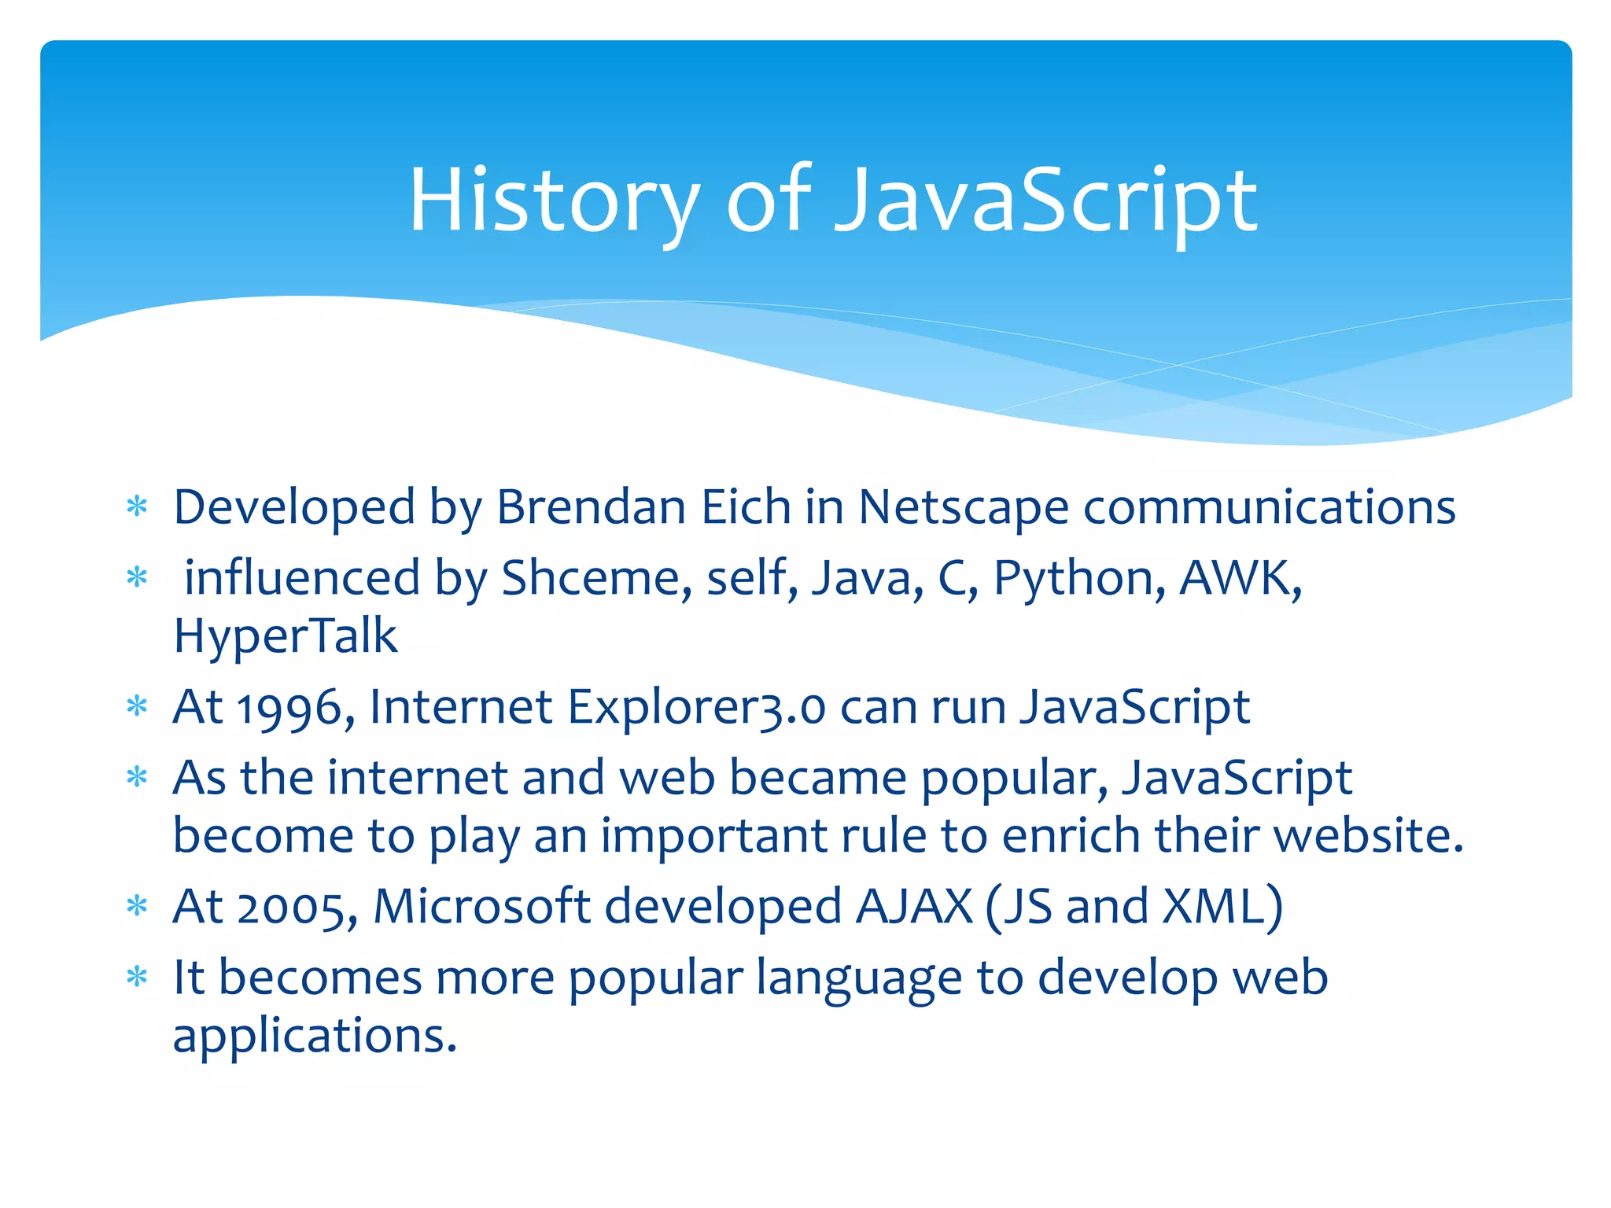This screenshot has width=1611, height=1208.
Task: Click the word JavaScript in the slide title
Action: pos(1045,201)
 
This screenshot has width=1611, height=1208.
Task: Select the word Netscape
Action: pos(963,508)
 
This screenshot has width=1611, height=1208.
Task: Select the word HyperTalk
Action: pos(285,635)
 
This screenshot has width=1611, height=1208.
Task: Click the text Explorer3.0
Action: pos(696,708)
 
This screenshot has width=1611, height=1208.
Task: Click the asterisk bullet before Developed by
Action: pos(138,506)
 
